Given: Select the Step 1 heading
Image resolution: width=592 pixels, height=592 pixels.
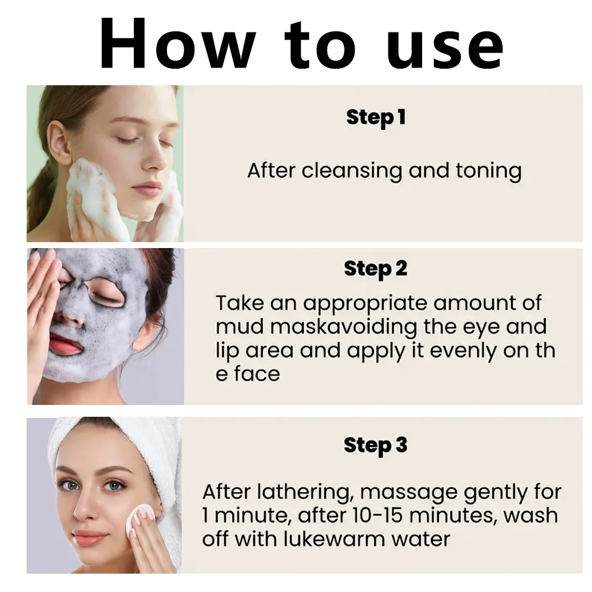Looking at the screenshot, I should point(376,117).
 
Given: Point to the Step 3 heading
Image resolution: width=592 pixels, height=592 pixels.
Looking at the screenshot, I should point(376,445).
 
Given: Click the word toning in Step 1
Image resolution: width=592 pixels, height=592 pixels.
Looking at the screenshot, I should point(488,171).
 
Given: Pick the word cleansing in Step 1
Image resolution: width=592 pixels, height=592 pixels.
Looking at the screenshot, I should point(353,171).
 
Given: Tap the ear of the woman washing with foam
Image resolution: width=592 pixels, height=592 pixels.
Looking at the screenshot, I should point(60,142).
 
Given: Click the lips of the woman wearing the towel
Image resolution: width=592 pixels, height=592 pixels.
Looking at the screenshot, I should point(91,538).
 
